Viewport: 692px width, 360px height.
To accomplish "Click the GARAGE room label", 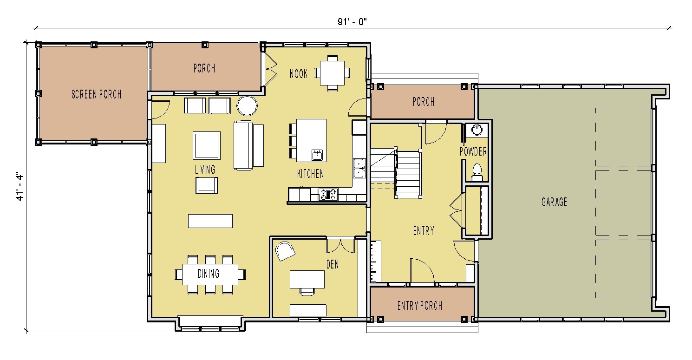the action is pyautogui.click(x=554, y=202).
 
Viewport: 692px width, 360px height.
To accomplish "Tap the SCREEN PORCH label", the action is pyautogui.click(x=97, y=94).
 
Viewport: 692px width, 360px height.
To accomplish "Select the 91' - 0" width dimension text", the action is pyautogui.click(x=352, y=22).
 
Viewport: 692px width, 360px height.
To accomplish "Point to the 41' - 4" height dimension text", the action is pyautogui.click(x=20, y=186).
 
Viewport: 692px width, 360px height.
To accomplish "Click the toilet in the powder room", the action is pyautogui.click(x=477, y=173).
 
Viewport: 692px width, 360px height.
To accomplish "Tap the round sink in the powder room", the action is pyautogui.click(x=477, y=130).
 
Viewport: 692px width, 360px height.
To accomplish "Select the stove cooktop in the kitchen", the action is pyautogui.click(x=328, y=195).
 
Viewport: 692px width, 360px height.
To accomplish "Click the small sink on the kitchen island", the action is pyautogui.click(x=317, y=155).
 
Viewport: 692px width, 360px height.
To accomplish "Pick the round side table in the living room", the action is pyautogui.click(x=247, y=106).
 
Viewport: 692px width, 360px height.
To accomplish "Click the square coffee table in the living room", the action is pyautogui.click(x=207, y=145).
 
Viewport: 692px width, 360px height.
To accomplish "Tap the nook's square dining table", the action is pyautogui.click(x=332, y=73).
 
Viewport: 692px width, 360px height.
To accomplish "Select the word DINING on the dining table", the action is pyautogui.click(x=209, y=274).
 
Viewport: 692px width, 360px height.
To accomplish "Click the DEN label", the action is pyautogui.click(x=333, y=264).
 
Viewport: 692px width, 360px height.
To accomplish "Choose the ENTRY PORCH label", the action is pyautogui.click(x=420, y=306).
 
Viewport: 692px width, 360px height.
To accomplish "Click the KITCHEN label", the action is pyautogui.click(x=311, y=174).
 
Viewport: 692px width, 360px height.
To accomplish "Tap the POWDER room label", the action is pyautogui.click(x=473, y=151).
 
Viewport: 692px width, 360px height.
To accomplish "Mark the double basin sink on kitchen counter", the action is pyautogui.click(x=359, y=168).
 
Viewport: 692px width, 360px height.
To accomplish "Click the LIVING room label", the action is pyautogui.click(x=205, y=170).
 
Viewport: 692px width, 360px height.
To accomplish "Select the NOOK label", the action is pyautogui.click(x=299, y=73).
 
